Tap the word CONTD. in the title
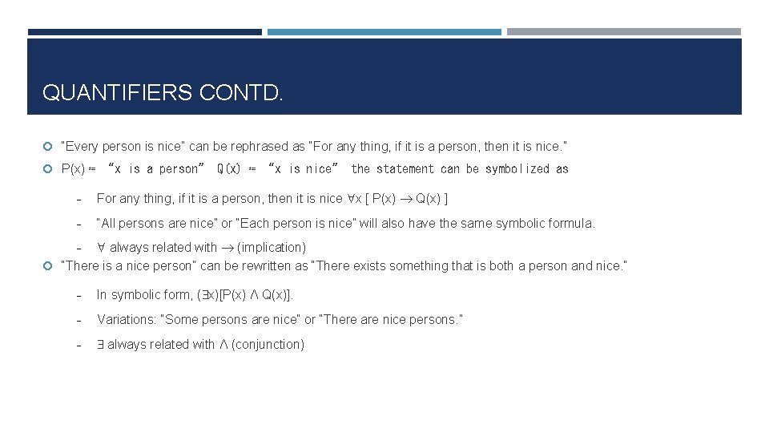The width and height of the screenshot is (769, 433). (x=241, y=93)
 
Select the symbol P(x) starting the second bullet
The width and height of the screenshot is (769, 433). (x=73, y=169)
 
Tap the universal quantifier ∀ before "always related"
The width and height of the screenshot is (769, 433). (x=102, y=248)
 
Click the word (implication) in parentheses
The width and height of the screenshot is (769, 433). (x=272, y=248)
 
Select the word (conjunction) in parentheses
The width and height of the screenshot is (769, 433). (x=268, y=344)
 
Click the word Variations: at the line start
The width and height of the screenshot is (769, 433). (x=126, y=319)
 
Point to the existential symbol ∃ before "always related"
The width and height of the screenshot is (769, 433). (x=101, y=344)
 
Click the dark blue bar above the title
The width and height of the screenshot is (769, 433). (x=144, y=32)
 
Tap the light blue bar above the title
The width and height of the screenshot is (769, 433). (x=384, y=32)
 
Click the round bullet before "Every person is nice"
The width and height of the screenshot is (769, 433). (x=48, y=147)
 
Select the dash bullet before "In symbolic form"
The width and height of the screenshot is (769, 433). (x=79, y=295)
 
